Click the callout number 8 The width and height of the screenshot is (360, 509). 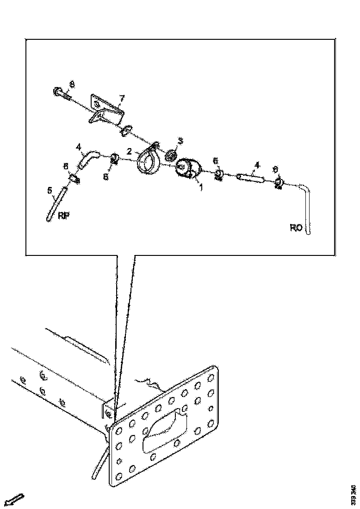[x=72, y=84]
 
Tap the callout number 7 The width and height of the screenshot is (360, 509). [x=122, y=98]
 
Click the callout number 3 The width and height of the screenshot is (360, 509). [x=180, y=140]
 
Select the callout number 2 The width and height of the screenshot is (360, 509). [x=130, y=151]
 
